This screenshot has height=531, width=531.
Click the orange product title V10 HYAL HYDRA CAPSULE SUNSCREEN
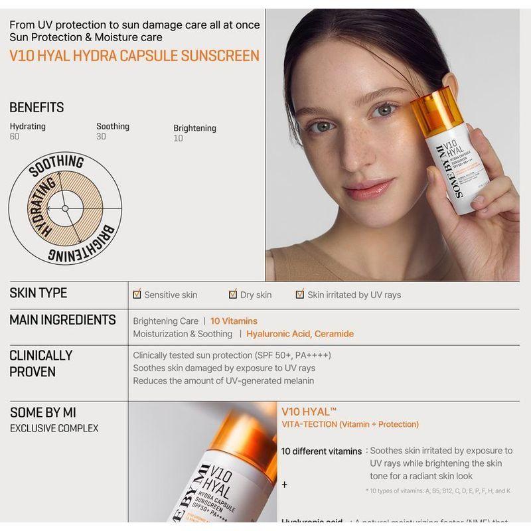(134, 55)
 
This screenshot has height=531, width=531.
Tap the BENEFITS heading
(37, 108)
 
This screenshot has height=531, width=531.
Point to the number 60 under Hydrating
(15, 137)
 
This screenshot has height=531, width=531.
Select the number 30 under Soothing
(101, 137)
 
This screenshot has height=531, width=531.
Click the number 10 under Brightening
(178, 139)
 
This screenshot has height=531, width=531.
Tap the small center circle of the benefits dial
(65, 208)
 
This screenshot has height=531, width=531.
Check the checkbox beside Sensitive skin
(137, 294)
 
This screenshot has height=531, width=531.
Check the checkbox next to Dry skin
(233, 294)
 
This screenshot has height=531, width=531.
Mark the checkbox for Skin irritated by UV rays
(300, 294)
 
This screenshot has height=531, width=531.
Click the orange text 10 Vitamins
(234, 321)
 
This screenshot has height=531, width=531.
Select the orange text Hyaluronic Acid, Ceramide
(299, 334)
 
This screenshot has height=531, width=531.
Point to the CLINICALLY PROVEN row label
(40, 363)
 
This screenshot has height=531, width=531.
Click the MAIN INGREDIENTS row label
(62, 320)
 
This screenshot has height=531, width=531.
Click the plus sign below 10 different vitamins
(285, 485)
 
